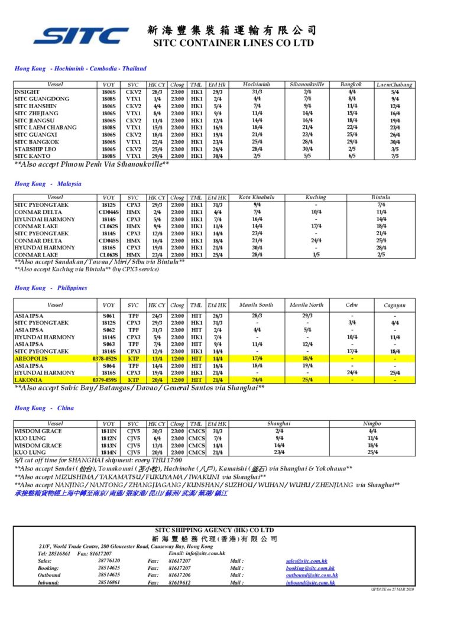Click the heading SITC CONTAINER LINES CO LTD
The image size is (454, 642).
233,43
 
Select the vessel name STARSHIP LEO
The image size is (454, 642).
35,149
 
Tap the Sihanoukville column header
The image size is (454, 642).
307,85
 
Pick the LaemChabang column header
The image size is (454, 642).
395,85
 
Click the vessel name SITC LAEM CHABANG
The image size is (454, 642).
45,128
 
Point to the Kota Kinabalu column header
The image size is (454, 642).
257,197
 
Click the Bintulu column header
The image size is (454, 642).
381,197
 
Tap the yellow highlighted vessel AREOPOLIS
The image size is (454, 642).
32,359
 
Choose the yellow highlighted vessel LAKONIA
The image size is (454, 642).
28,380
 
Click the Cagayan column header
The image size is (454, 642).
394,305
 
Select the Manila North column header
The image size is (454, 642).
307,305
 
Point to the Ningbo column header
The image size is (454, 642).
372,424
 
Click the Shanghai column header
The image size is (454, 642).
279,424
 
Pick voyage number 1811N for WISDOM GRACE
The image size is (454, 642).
109,431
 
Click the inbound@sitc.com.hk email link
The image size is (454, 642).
310,582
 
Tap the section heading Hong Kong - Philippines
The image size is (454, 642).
51,288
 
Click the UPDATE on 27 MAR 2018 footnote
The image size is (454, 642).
393,589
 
